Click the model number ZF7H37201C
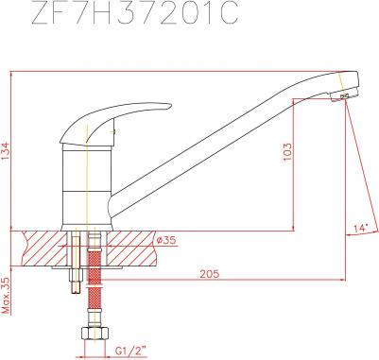coord(134,13)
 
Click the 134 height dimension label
coord(6,151)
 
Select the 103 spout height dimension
coord(287,152)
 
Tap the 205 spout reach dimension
coord(210,274)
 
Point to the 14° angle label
coord(360,228)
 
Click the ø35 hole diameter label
coord(165,241)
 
